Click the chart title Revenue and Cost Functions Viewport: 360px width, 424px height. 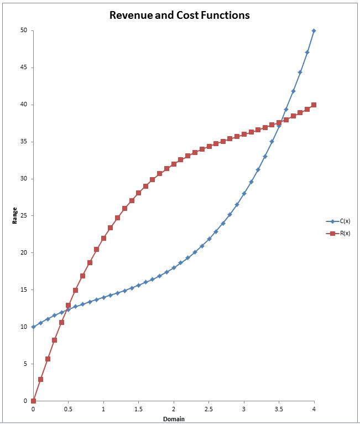pos(179,15)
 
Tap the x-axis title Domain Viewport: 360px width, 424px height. pos(174,418)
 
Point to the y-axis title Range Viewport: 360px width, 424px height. pos(15,215)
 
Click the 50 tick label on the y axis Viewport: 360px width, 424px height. pos(24,30)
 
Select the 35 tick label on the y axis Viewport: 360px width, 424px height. pos(24,142)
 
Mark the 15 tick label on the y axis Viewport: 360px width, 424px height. pos(24,289)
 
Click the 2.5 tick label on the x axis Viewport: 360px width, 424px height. pos(208,409)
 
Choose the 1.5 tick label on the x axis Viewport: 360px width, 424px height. pos(138,409)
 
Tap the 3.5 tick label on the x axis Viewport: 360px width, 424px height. pos(279,409)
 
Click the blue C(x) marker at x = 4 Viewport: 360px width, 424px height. pos(314,30)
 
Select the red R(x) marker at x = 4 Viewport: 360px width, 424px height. pos(314,105)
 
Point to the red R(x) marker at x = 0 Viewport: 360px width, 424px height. pos(33,401)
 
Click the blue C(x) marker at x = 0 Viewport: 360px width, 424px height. pos(33,327)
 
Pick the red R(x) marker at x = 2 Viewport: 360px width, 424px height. pos(174,164)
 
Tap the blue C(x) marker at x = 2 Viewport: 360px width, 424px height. pos(174,267)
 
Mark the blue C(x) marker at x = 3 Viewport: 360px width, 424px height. pos(244,193)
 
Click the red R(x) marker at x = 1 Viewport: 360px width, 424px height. pos(103,238)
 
